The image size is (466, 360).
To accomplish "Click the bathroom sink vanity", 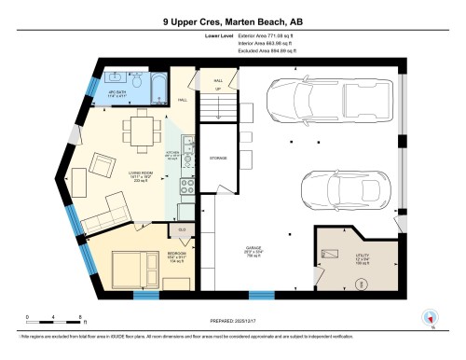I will pos(114,76).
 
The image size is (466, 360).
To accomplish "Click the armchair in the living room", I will pos(105,168).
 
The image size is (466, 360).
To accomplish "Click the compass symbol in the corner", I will pos(430,315).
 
